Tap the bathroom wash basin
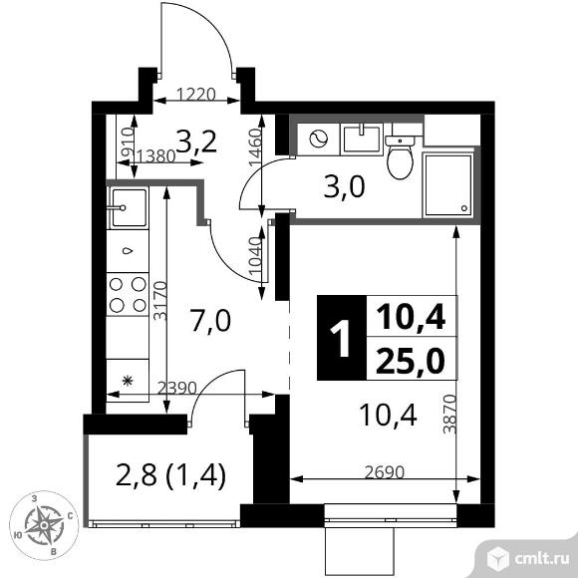362,139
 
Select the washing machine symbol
319,140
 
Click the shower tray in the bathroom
447,185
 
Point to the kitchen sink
128,207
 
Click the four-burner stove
128,295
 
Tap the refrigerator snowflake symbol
128,381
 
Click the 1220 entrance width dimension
195,95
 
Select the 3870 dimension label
449,414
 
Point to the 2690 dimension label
385,472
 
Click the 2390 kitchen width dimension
177,388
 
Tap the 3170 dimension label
160,301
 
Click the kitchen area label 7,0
210,321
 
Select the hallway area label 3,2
195,141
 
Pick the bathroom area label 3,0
344,186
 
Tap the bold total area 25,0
411,361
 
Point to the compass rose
44,525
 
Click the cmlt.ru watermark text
541,559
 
